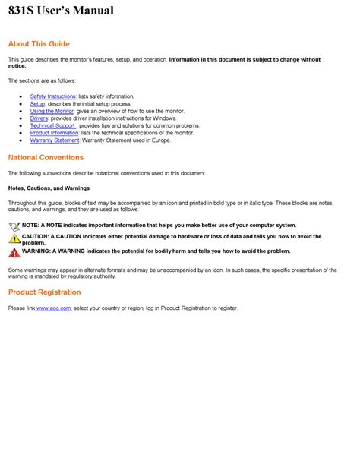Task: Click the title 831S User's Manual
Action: (61, 11)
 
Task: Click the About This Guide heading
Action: (38, 44)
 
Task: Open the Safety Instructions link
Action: (53, 96)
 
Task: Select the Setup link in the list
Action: (37, 104)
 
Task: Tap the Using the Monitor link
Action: (52, 111)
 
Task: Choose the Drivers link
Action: (39, 118)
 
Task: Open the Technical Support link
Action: (54, 125)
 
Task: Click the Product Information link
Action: (55, 133)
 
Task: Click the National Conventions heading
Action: (46, 158)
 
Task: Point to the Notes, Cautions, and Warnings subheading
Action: (49, 188)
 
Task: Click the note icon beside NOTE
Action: (14, 226)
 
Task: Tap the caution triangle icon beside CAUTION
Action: (14, 238)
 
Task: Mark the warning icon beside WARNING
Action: (14, 251)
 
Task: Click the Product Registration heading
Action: (44, 292)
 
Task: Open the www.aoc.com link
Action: (54, 308)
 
